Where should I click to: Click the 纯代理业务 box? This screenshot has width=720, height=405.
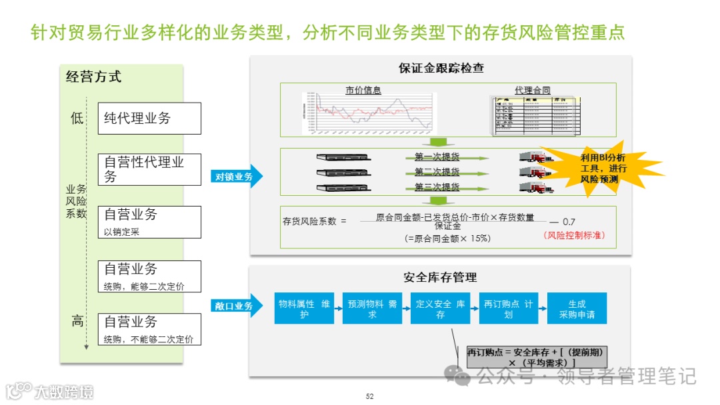(x=149, y=119)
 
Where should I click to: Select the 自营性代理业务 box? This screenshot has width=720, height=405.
(x=149, y=169)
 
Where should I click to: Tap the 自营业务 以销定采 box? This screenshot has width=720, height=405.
(x=149, y=222)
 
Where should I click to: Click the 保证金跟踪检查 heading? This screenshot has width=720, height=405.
(x=441, y=68)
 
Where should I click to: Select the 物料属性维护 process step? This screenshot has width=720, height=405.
(x=305, y=308)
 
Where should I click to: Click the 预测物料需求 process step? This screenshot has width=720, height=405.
(x=373, y=308)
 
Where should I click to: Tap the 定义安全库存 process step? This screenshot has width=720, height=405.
(x=441, y=308)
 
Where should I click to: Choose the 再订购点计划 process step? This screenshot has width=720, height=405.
(x=509, y=308)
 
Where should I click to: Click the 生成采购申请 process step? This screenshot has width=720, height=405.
(x=577, y=308)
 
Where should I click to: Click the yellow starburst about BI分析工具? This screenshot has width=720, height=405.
(x=602, y=168)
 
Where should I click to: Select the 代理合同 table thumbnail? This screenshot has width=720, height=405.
(x=533, y=115)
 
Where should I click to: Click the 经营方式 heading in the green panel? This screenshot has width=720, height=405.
(x=94, y=77)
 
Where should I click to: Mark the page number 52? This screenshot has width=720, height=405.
(x=370, y=396)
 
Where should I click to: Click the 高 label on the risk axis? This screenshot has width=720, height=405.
(x=77, y=322)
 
